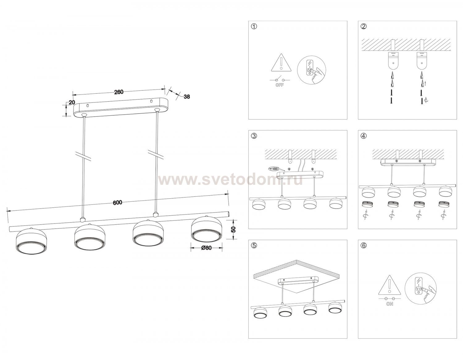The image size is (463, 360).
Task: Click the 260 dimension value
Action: point(119,92)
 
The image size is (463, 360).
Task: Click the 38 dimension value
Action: point(187,97)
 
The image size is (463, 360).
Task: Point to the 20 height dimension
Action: point(72,102)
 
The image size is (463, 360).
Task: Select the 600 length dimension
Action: point(117,202)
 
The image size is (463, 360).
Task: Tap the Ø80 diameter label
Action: point(206,248)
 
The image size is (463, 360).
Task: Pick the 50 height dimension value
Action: point(234,229)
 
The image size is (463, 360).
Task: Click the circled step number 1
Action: point(254,27)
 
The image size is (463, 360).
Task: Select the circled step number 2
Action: point(364,27)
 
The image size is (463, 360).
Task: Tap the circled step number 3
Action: point(254,136)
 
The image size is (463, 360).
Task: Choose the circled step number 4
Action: point(364,136)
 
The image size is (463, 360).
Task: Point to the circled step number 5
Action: point(254,246)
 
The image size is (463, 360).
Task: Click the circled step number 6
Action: point(364,246)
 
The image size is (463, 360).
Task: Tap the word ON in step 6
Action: point(390,304)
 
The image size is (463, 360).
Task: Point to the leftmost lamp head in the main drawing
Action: point(31,242)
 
